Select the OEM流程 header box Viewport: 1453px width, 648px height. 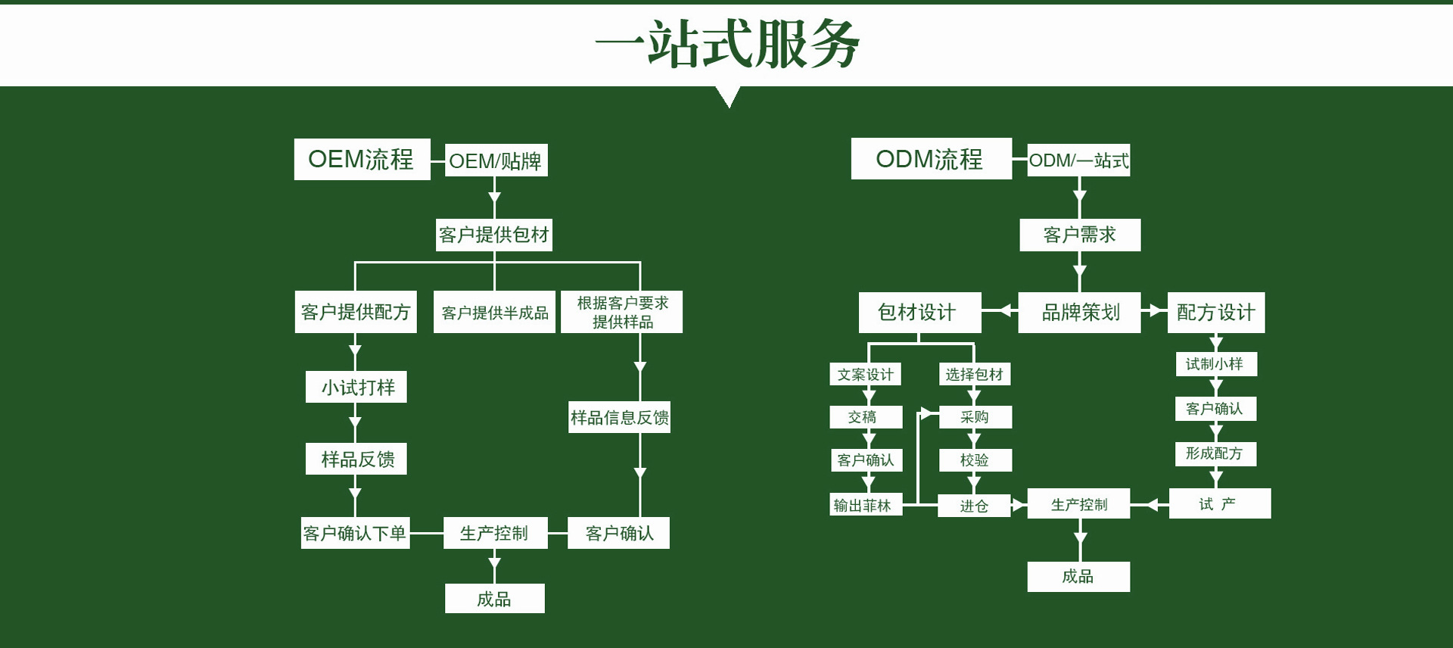point(362,159)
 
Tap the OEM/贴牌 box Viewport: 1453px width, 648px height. point(496,160)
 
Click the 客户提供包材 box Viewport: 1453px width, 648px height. point(494,235)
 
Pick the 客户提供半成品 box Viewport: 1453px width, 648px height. point(494,312)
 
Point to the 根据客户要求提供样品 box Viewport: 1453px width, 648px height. point(621,312)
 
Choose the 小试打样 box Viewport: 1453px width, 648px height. point(356,387)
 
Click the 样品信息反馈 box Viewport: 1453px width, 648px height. point(619,417)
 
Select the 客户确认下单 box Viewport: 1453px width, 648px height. point(355,533)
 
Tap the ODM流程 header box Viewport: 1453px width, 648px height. point(930,159)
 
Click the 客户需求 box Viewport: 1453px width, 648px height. point(1079,235)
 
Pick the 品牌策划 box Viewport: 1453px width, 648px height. point(1079,312)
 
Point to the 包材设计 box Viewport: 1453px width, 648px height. point(919,312)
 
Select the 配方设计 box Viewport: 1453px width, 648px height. point(1215,312)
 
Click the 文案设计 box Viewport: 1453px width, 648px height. point(865,374)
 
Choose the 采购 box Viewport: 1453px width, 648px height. point(975,417)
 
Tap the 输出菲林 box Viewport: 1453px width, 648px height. point(865,505)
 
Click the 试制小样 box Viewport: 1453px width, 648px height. point(1215,364)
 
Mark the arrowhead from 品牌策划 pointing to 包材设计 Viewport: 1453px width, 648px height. point(1006,310)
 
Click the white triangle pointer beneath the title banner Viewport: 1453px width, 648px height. point(728,95)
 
